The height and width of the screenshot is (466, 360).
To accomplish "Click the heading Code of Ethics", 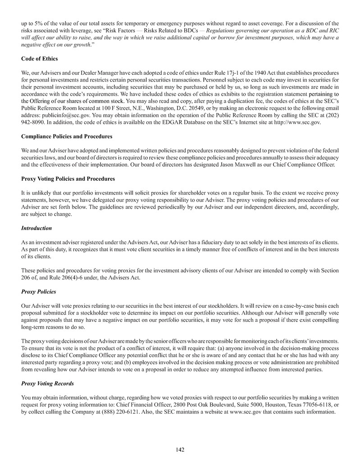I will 39,59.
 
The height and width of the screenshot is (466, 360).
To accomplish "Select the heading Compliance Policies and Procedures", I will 67,136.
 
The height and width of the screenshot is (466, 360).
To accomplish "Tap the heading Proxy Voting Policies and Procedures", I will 68,179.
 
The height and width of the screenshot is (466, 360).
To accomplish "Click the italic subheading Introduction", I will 36,228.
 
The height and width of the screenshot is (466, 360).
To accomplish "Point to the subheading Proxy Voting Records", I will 47,384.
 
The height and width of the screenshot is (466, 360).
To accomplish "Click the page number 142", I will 180,449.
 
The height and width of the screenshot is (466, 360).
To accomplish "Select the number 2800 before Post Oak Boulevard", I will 169,405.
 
